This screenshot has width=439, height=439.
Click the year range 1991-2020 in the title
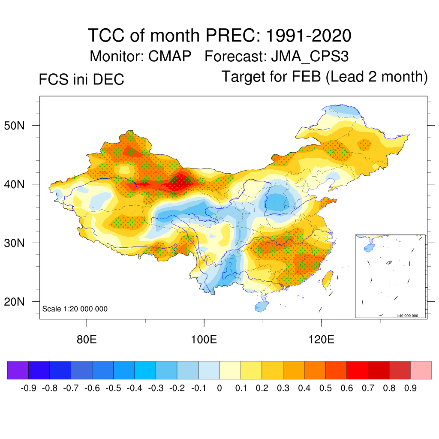pyautogui.click(x=309, y=36)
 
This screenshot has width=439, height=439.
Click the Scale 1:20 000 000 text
pyautogui.click(x=75, y=309)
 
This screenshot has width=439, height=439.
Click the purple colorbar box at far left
pyautogui.click(x=18, y=370)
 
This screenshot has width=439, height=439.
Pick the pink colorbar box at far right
pyautogui.click(x=421, y=370)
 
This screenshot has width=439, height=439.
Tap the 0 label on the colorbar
pyautogui.click(x=219, y=388)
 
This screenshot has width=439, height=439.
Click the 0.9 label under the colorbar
pyautogui.click(x=411, y=388)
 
